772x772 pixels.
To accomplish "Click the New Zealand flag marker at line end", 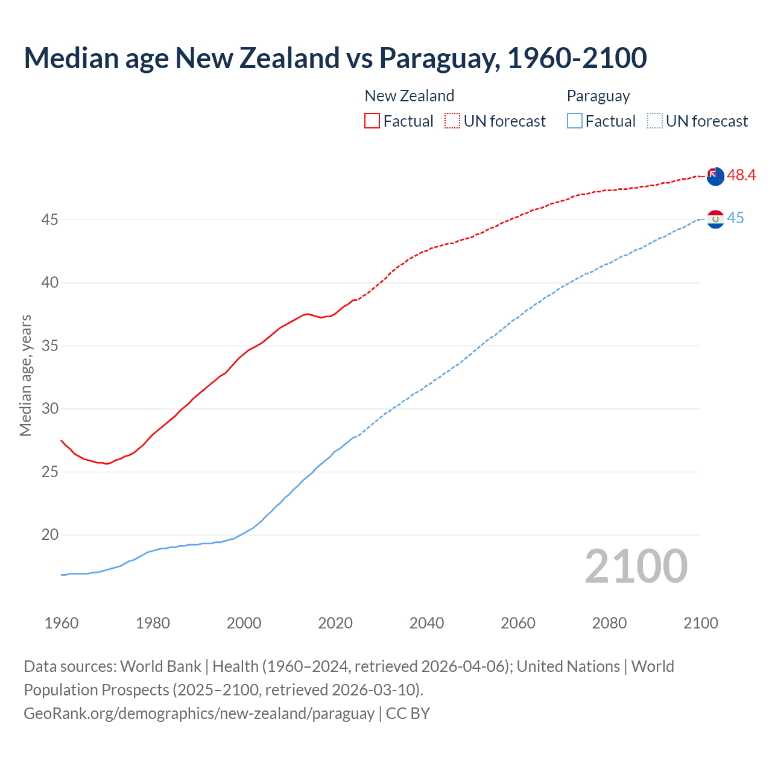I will point(715,176).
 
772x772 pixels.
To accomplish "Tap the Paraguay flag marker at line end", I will point(715,220).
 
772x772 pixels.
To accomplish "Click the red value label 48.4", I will point(741,176).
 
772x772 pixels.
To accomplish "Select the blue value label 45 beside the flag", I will point(735,218).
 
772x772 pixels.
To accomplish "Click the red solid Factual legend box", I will point(372,121).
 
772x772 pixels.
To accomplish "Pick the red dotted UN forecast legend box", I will point(452,121).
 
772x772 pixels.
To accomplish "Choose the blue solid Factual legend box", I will point(575,121).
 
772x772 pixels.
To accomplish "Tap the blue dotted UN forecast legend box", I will point(655,121).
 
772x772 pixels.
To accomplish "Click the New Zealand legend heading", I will point(409,96).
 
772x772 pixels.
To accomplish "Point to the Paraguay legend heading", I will point(598,96).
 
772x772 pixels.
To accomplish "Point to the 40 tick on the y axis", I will point(49,283).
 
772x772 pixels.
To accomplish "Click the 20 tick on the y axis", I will point(49,535).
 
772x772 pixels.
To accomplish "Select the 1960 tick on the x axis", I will point(62,623).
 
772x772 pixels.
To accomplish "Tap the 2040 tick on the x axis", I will point(426,623).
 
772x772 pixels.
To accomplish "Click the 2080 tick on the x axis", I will point(609,623).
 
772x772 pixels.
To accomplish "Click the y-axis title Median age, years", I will point(25,375).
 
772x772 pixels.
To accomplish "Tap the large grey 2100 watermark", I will point(636,566).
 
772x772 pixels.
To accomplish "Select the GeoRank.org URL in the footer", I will point(199,713).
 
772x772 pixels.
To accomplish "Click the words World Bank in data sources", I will point(160,666).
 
